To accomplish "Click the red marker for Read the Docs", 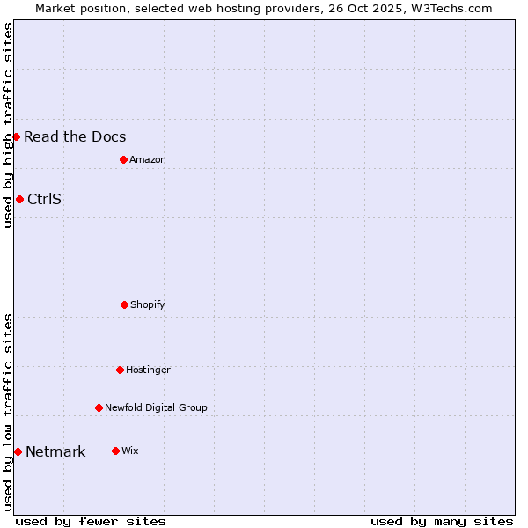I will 16,136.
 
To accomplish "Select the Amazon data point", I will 123,159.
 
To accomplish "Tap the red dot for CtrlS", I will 19,199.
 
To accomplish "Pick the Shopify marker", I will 124,304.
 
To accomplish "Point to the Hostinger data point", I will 120,370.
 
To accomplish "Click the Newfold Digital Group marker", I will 99,407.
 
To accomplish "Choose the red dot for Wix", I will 115,451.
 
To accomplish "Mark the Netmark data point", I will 18,451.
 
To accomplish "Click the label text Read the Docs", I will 75,136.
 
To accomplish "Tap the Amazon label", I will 148,159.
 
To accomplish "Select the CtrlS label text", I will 44,199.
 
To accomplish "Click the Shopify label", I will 148,304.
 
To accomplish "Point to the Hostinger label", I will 148,370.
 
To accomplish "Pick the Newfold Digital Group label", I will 156,407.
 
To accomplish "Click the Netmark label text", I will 55,452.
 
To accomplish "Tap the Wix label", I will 130,451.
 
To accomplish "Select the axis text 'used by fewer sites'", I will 91,521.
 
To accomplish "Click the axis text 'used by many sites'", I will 442,521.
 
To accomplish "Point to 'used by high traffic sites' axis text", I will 8,125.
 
